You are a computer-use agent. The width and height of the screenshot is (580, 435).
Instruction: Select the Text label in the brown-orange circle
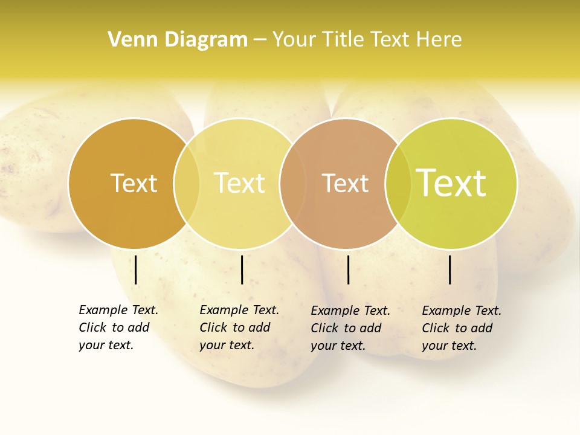point(134,183)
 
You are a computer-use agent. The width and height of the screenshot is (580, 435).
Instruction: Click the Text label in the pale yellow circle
point(239,183)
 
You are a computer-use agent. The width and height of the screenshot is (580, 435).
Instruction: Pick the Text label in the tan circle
point(345,183)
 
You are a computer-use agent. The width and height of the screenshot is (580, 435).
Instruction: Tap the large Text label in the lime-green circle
point(451,183)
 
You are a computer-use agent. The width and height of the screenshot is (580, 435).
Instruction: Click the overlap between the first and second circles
point(187,183)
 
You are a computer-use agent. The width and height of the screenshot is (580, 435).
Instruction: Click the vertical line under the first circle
point(136,269)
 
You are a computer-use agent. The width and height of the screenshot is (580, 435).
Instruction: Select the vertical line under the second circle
point(242,269)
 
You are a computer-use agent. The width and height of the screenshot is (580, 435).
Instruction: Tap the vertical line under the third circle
point(348,269)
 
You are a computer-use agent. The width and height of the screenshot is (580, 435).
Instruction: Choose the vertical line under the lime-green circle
point(449,269)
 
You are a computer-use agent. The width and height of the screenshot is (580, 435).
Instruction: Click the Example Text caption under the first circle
point(118,327)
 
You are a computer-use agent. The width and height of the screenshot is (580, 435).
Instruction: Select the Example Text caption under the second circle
point(239,327)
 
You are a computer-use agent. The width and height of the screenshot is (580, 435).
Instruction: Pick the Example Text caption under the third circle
point(350,328)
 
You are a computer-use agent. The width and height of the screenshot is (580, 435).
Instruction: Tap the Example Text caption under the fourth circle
point(462,328)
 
